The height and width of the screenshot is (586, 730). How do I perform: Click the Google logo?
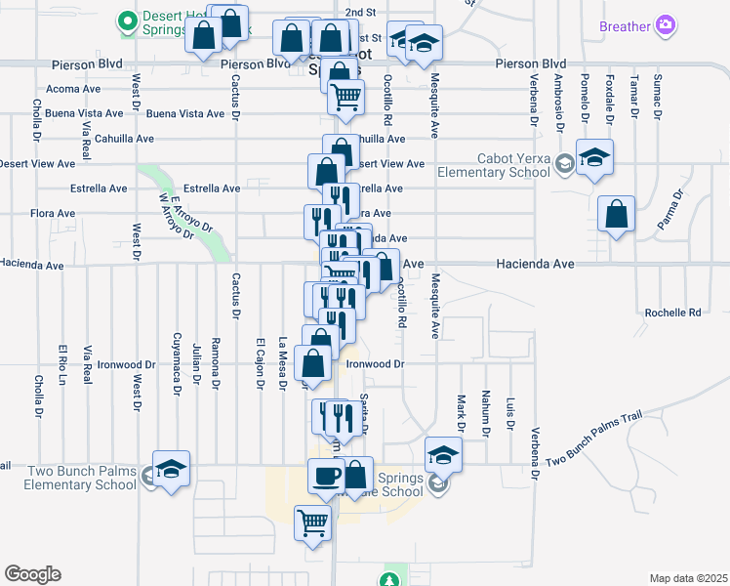coord(32,574)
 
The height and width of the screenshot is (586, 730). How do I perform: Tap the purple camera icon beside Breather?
coord(666,25)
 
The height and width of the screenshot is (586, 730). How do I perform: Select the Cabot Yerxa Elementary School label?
coord(513,166)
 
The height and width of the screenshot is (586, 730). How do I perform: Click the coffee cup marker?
coord(327,476)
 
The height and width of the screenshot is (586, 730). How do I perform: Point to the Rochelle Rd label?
coord(672,313)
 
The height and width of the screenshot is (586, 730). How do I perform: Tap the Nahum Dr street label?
coord(484,411)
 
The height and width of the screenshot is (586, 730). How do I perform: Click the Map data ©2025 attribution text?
coord(689,578)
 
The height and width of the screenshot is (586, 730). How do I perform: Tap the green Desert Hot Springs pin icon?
coord(126,20)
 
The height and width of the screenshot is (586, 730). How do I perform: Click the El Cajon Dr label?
coord(261,362)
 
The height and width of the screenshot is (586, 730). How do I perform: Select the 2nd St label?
coord(360,12)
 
